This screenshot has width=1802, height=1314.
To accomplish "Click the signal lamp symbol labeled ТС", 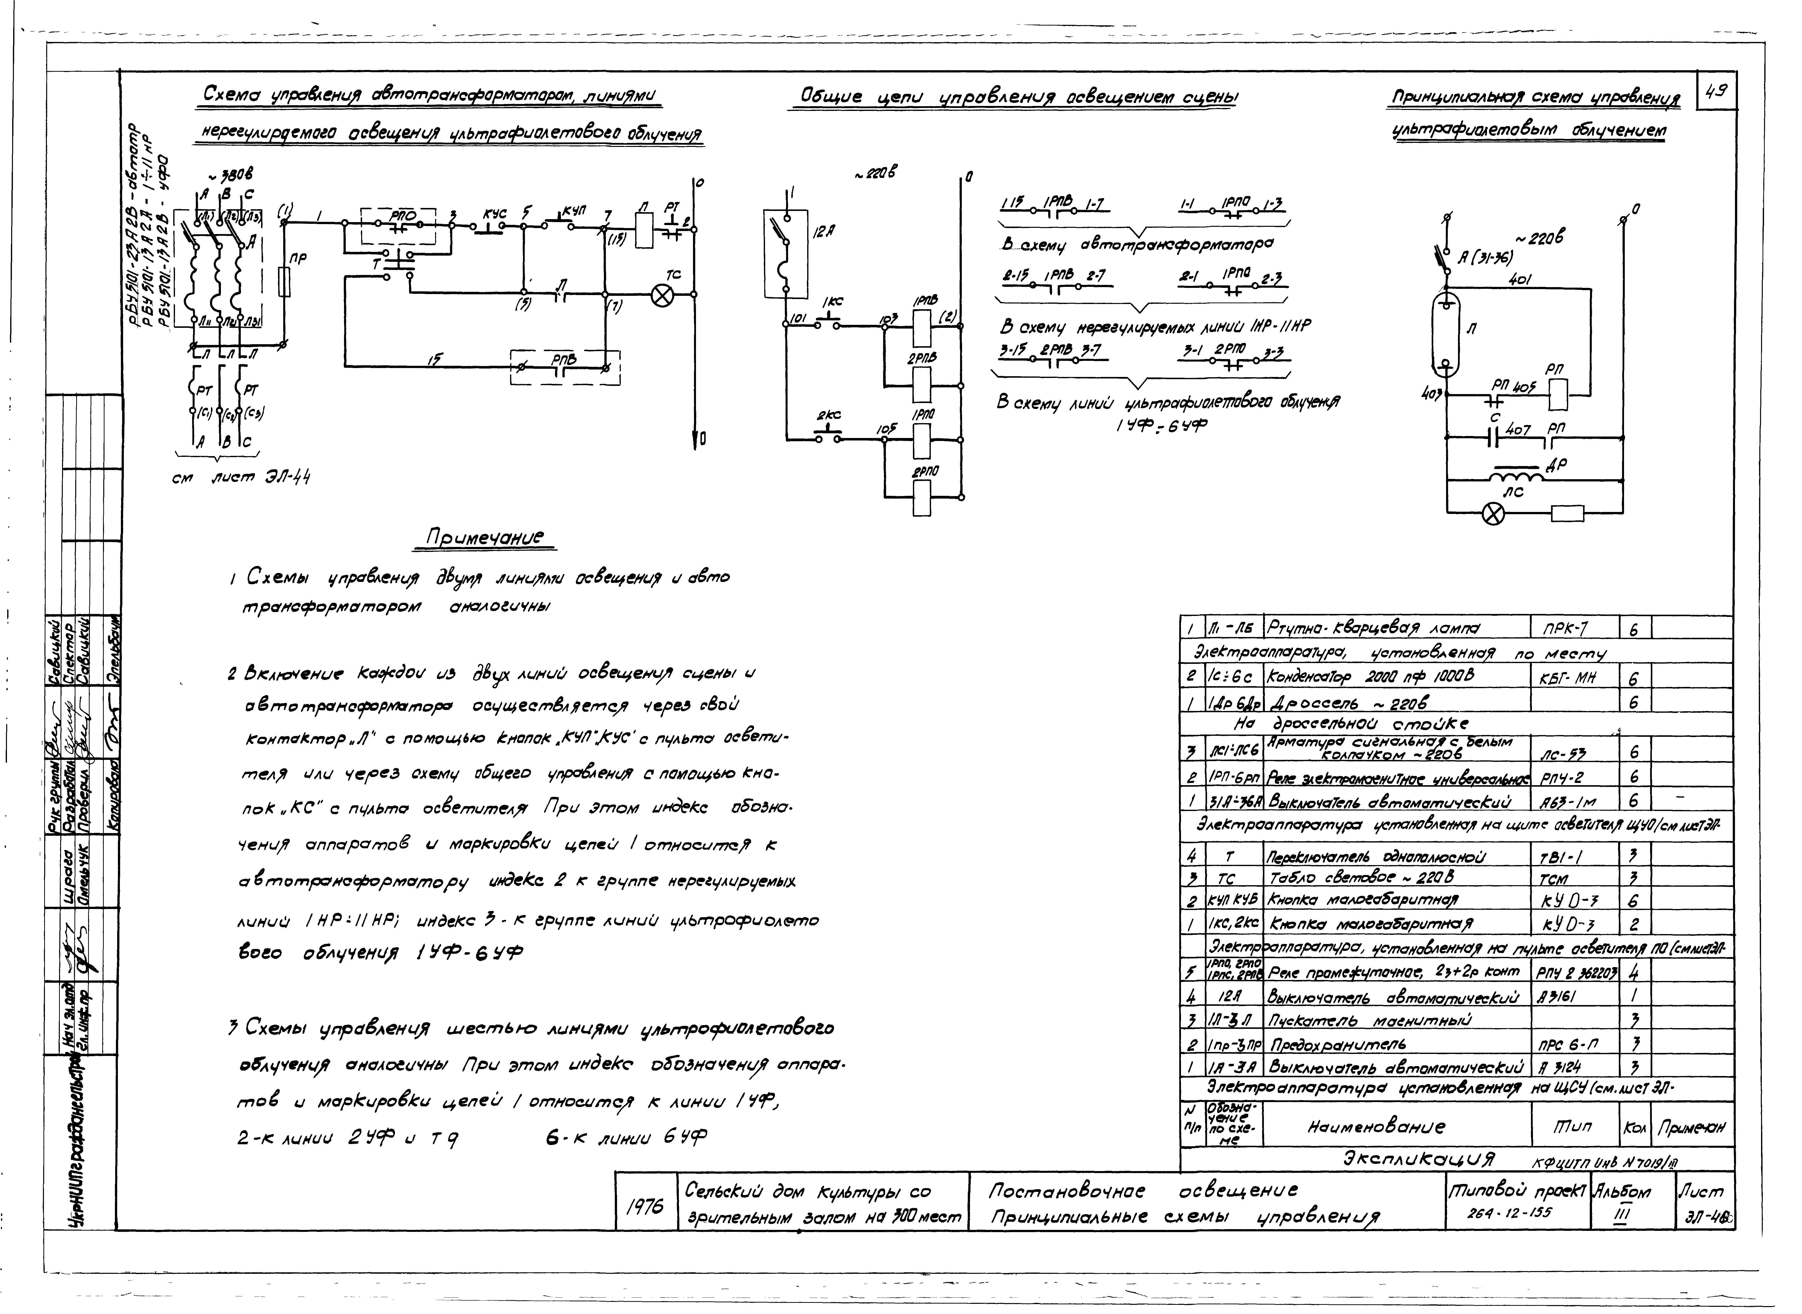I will pos(661,296).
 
